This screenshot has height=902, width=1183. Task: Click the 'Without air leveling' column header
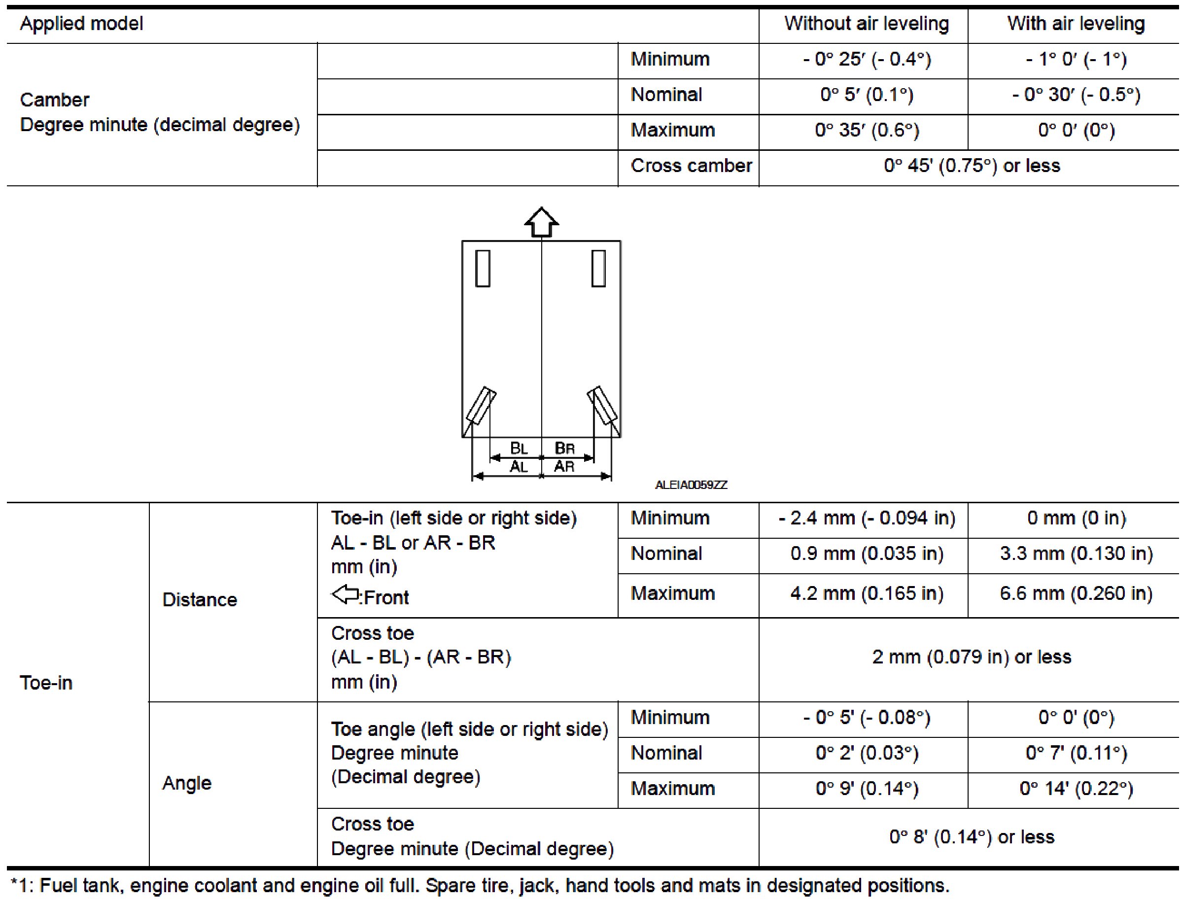[x=866, y=24]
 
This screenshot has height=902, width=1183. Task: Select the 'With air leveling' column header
[x=1076, y=24]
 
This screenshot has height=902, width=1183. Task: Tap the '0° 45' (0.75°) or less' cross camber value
[x=972, y=166]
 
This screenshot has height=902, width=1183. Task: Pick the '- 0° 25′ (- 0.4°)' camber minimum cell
[x=866, y=59]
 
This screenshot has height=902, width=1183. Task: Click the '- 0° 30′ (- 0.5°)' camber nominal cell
[x=1076, y=95]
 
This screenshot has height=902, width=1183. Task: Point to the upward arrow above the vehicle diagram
[x=541, y=222]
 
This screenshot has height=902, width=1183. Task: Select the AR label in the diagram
[x=564, y=466]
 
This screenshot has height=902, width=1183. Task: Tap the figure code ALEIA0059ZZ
[x=691, y=486]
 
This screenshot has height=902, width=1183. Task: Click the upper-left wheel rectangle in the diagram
[x=483, y=268]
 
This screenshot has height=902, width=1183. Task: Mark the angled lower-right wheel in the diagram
[x=602, y=405]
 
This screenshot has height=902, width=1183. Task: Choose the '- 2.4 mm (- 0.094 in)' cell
[x=866, y=519]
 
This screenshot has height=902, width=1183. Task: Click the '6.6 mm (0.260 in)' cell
[x=1076, y=594]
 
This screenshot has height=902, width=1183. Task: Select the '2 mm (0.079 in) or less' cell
[x=972, y=657]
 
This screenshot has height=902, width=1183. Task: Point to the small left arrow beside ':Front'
[x=345, y=594]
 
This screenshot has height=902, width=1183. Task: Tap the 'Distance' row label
[x=199, y=600]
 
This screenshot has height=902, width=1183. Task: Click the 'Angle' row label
[x=187, y=783]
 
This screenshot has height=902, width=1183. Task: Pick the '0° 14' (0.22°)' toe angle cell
[x=1076, y=789]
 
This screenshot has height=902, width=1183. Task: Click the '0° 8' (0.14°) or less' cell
[x=972, y=837]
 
